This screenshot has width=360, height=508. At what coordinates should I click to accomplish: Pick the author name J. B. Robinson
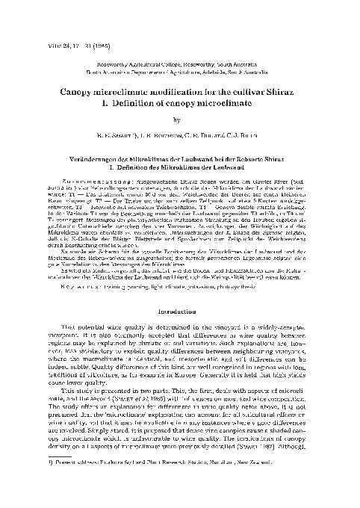point(158,135)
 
